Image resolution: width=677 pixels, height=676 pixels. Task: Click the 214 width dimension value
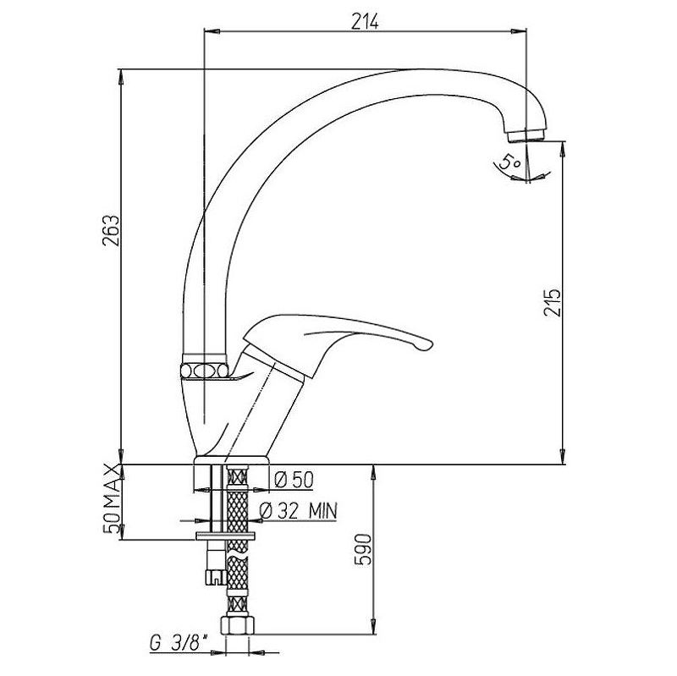coord(365,21)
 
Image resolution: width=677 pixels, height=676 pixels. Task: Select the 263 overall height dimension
coord(111,230)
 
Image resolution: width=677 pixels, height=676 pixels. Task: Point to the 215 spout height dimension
coord(552,303)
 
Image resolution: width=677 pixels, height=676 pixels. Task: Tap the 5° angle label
coord(510,162)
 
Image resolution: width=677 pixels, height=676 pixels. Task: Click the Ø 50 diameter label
coord(294,480)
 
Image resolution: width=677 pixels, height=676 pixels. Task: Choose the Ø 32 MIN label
coord(299,512)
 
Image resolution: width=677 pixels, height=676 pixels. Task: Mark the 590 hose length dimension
coord(362,550)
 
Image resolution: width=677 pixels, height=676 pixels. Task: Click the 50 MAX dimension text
coord(111,499)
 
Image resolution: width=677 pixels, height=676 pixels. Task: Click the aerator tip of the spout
coord(526,135)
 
